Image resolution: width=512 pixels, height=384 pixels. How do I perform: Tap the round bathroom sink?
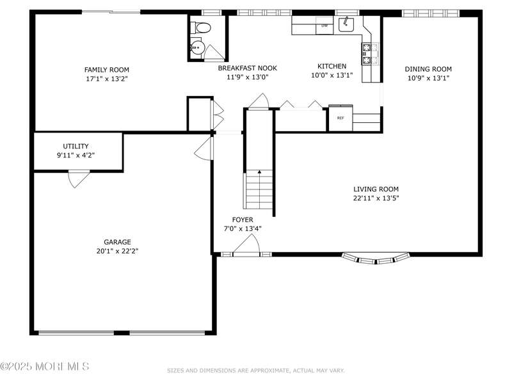click(197, 47)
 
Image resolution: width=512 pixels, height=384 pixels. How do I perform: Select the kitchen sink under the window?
click(346, 24)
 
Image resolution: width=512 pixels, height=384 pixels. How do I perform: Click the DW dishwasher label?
click(324, 26)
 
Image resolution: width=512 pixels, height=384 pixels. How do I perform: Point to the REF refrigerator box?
click(340, 118)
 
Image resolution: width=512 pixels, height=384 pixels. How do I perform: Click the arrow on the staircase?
click(259, 172)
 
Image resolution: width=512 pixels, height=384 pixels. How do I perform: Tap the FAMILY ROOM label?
click(107, 70)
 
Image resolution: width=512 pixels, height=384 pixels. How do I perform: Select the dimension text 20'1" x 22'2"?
click(118, 251)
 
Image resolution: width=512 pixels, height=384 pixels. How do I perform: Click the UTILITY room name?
click(76, 146)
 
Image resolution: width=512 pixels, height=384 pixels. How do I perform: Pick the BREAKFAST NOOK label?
click(248, 68)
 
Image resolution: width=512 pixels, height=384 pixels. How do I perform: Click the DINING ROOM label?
click(428, 69)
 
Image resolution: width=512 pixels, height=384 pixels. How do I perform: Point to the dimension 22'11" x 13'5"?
click(376, 198)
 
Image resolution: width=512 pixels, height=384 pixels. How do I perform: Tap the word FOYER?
click(243, 220)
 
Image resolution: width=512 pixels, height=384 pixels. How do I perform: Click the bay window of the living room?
click(376, 259)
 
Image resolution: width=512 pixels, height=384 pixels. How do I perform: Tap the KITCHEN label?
click(332, 66)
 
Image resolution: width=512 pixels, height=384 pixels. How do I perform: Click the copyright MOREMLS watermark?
click(45, 366)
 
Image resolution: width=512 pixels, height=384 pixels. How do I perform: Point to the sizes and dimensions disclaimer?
click(255, 371)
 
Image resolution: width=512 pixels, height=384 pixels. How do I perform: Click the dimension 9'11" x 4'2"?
click(76, 155)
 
